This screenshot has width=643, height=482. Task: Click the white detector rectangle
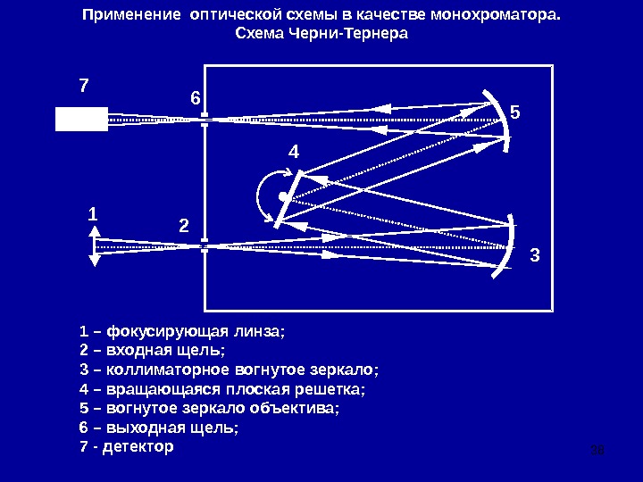(81, 119)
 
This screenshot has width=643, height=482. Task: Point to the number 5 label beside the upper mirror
(514, 112)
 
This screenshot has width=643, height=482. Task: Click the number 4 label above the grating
(294, 154)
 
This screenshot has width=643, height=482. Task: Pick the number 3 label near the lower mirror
(535, 255)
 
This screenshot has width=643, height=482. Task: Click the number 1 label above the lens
(93, 215)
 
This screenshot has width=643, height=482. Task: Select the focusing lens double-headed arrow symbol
(96, 244)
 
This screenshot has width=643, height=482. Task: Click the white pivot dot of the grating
(282, 195)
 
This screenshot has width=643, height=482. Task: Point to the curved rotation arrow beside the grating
(261, 194)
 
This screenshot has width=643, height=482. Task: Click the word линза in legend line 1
(259, 332)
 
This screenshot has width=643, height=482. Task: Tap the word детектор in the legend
(138, 445)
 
